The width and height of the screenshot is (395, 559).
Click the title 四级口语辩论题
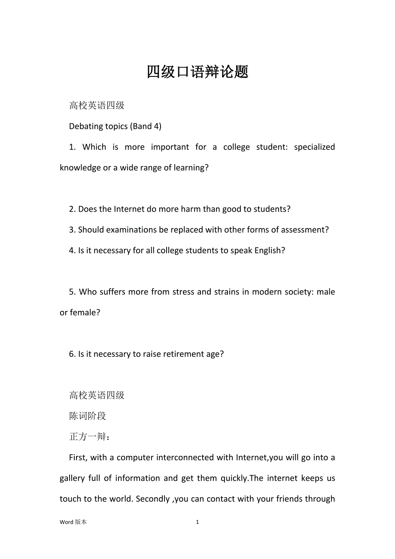pos(197,72)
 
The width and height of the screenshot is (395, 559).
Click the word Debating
pos(86,126)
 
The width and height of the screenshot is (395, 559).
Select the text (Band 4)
pos(147,126)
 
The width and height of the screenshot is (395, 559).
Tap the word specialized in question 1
pos(314,147)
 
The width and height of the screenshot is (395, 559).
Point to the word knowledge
pos(80,168)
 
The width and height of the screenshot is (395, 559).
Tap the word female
pos(85,313)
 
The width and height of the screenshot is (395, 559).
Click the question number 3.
pos(71,230)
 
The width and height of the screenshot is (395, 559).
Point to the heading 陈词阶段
pos(88,416)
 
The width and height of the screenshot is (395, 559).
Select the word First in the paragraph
pos(78,457)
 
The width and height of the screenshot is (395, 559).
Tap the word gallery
pos(72,478)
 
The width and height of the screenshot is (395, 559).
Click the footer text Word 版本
pos(73,522)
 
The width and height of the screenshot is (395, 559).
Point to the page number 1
pos(197,522)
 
